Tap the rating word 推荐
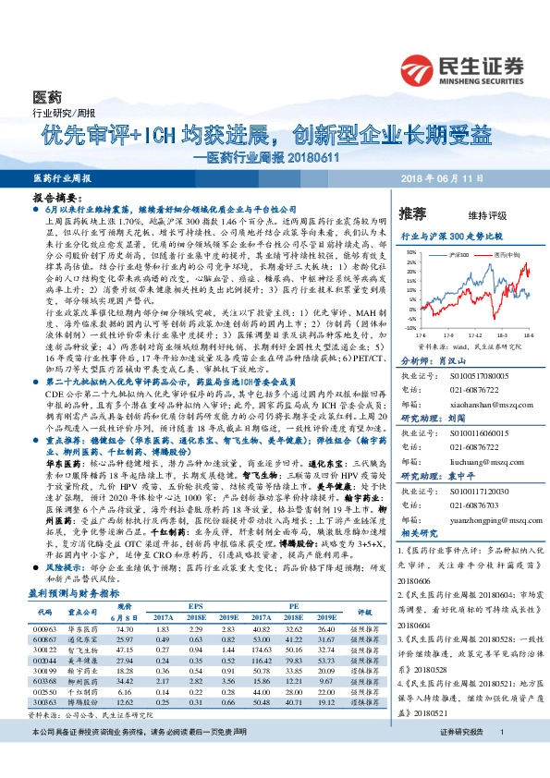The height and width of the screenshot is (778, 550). (413, 213)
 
